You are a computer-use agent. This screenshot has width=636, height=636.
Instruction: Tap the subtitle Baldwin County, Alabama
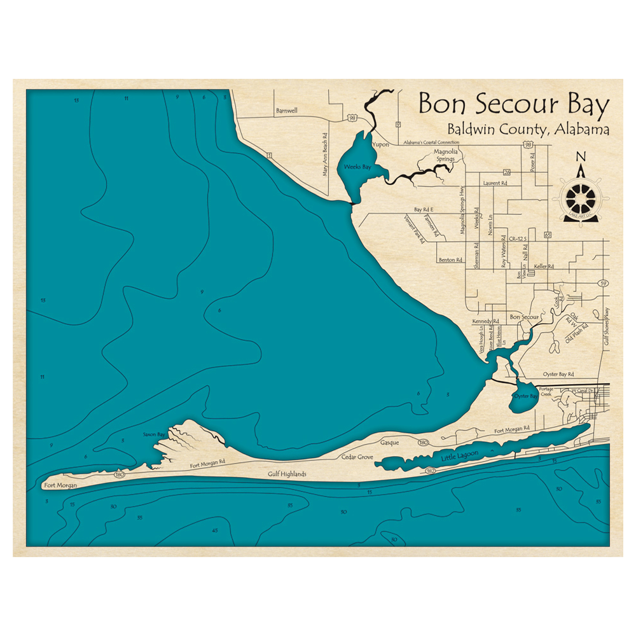(528, 129)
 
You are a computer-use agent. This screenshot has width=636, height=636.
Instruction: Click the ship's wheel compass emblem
(580, 199)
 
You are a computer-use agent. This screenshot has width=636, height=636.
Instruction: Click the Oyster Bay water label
(526, 396)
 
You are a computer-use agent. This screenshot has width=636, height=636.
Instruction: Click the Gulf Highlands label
(287, 474)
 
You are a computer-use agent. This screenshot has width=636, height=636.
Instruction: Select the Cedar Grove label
(357, 457)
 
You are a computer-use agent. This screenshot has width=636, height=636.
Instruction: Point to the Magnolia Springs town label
(444, 155)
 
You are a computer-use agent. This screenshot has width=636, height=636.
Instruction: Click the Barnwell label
(287, 110)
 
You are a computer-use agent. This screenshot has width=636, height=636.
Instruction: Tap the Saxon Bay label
(153, 434)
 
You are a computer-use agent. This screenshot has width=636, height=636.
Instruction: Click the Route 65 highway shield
(547, 235)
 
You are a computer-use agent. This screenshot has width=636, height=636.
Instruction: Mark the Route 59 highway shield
(604, 283)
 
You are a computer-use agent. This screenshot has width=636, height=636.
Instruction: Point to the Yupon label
(380, 135)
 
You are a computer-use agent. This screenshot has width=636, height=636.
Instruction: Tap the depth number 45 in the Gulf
(215, 530)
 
